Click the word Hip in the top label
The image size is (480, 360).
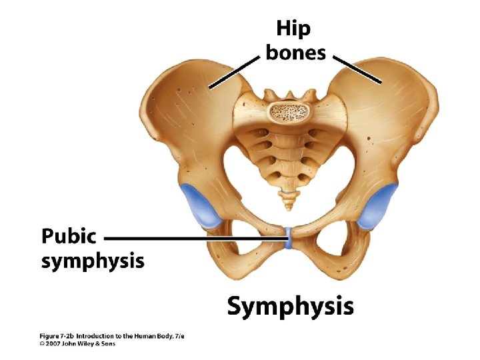click(x=294, y=30)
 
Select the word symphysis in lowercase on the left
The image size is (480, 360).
click(x=93, y=261)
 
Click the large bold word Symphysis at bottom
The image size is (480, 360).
click(x=290, y=307)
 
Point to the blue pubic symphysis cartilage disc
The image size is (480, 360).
click(x=288, y=237)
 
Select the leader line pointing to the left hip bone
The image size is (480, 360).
click(x=233, y=71)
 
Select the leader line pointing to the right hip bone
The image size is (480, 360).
click(x=357, y=69)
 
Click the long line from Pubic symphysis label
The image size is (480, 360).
click(x=193, y=237)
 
